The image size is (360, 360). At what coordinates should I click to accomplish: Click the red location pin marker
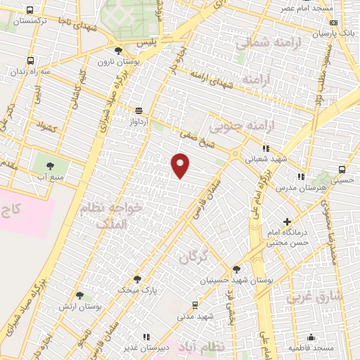tap(181, 165)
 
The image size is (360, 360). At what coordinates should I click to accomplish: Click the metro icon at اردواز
tap(139, 110)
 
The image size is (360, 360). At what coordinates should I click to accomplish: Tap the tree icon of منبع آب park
tap(50, 165)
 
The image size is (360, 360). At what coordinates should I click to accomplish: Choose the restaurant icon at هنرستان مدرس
tap(301, 176)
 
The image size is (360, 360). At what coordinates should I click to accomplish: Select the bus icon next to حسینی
tap(342, 169)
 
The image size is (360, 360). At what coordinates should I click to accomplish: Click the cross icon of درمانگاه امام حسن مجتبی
tap(287, 221)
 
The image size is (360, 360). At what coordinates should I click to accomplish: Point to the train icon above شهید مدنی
tap(195, 304)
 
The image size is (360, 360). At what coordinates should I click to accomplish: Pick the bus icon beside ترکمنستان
tap(30, 11)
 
